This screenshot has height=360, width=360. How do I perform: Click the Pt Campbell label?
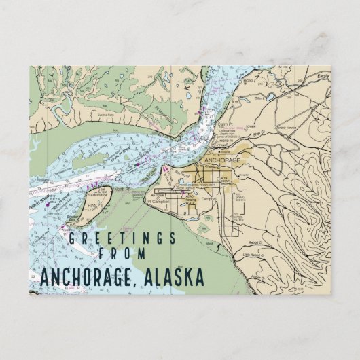157,201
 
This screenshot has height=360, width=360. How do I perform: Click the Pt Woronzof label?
179,174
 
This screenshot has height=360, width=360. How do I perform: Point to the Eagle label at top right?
322,79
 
